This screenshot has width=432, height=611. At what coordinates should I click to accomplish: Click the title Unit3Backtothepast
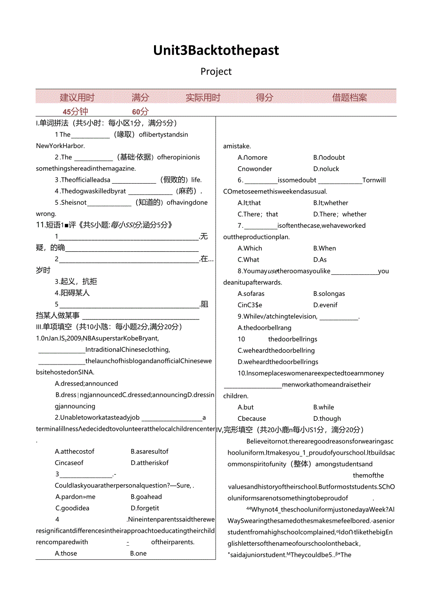pyautogui.click(x=216, y=50)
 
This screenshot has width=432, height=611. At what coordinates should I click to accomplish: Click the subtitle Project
pyautogui.click(x=216, y=71)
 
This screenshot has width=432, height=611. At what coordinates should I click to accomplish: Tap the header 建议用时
pyautogui.click(x=77, y=98)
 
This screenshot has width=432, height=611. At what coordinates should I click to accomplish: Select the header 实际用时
pyautogui.click(x=203, y=98)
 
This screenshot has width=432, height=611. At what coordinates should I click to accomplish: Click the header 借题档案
pyautogui.click(x=349, y=98)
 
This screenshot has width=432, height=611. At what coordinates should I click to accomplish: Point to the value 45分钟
pyautogui.click(x=75, y=112)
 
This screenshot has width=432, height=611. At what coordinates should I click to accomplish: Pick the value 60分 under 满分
pyautogui.click(x=140, y=112)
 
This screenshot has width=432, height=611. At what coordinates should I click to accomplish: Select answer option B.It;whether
pyautogui.click(x=331, y=203)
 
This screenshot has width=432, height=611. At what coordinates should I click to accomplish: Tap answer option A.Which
pyautogui.click(x=250, y=248)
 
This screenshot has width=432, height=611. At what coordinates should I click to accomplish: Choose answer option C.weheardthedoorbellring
pyautogui.click(x=276, y=350)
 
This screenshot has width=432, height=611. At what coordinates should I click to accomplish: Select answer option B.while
pyautogui.click(x=324, y=407)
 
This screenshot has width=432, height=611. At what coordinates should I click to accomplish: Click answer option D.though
pyautogui.click(x=327, y=418)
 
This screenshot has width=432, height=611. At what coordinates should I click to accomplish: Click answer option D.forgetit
pyautogui.click(x=145, y=508)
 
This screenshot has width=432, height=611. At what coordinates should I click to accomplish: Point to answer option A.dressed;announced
pyautogui.click(x=86, y=384)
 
